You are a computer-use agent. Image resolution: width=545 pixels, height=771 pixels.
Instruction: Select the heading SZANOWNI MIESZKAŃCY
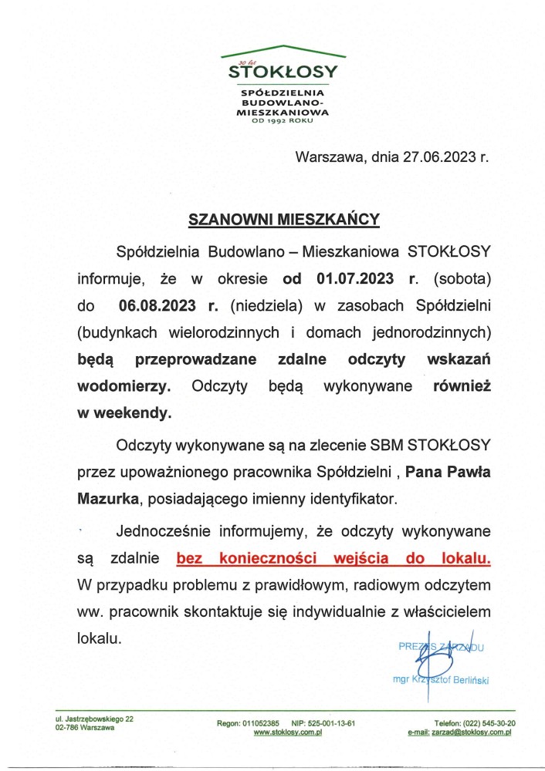(285, 220)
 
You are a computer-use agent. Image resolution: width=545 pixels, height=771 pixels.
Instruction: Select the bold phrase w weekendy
(124, 413)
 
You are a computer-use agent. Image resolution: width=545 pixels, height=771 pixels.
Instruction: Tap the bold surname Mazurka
(108, 499)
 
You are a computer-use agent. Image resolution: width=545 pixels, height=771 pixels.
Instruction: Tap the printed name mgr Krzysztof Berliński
(442, 679)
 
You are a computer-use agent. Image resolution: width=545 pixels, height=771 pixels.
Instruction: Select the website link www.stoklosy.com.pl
(286, 733)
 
